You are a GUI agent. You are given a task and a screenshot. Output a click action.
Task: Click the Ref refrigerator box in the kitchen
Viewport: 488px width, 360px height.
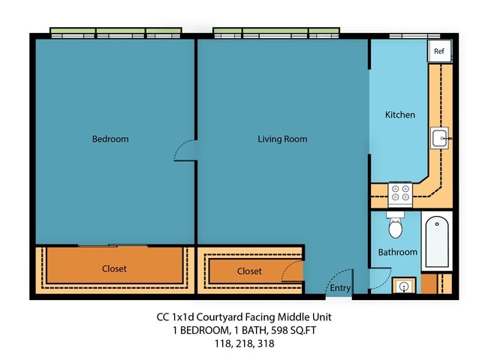(438, 51)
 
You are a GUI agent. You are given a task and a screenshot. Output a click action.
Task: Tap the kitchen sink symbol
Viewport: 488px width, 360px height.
(439, 138)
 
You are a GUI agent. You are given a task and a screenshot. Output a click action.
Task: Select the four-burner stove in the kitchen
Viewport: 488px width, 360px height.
(399, 195)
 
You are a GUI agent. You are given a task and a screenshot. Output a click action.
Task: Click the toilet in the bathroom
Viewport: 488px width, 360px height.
(396, 225)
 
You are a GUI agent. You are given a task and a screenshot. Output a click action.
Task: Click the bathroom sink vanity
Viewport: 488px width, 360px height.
(405, 286)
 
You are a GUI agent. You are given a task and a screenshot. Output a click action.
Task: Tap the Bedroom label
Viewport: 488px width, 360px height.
(110, 139)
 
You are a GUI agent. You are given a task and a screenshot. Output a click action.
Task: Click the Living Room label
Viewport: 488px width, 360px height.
(282, 139)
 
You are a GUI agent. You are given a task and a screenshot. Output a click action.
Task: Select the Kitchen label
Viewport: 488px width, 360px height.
(399, 115)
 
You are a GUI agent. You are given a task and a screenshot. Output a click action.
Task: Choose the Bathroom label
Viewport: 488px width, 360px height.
(397, 253)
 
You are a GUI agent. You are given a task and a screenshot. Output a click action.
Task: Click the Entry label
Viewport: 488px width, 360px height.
(340, 288)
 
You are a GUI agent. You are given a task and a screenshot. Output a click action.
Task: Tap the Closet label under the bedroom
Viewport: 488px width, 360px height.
(114, 268)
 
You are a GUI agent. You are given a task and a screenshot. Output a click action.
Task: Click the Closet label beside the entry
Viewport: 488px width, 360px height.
(249, 271)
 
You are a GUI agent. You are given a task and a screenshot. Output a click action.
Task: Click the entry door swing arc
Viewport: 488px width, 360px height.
(339, 275)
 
